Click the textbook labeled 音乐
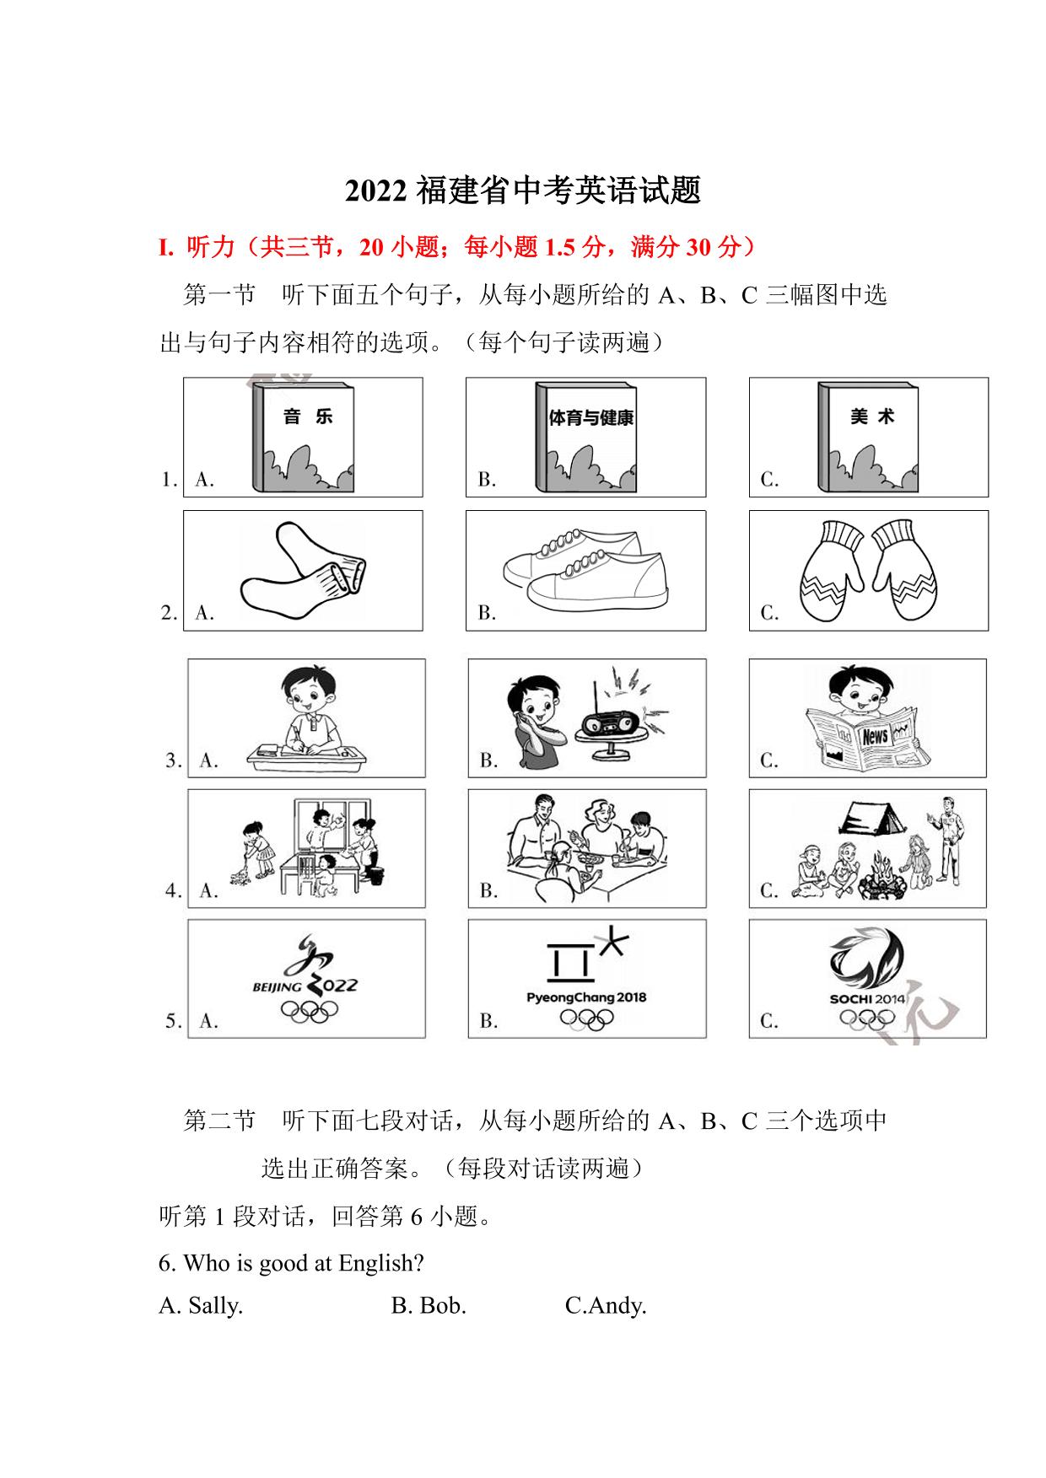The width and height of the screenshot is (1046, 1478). click(x=303, y=438)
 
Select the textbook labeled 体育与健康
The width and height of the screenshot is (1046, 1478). click(x=586, y=438)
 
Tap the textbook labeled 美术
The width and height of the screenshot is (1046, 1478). click(x=868, y=438)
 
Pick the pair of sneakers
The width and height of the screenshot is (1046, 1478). click(x=585, y=567)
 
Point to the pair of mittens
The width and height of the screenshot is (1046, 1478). click(x=868, y=571)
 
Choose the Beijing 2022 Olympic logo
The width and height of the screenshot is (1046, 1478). click(x=305, y=979)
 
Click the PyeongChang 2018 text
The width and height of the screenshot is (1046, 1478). click(x=586, y=997)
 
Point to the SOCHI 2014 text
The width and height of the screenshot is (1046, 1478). click(x=867, y=999)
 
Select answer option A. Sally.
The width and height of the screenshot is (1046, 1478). click(x=201, y=1306)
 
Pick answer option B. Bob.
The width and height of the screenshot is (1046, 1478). click(x=429, y=1306)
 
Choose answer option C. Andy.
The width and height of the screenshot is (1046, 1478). click(x=606, y=1306)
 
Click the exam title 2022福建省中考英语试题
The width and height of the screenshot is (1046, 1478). click(x=523, y=191)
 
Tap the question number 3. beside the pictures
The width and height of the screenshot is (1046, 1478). click(x=173, y=760)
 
